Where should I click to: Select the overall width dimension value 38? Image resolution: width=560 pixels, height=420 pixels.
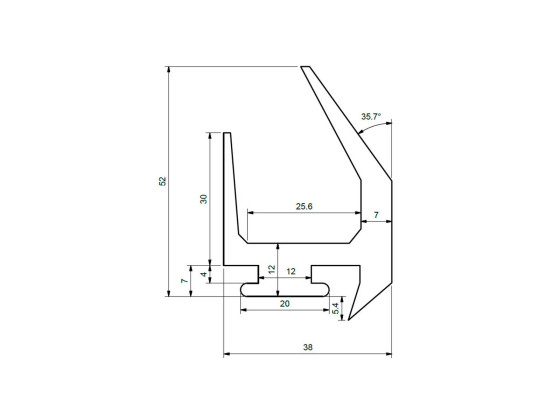[307, 348]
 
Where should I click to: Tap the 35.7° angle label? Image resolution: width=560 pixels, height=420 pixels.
[370, 117]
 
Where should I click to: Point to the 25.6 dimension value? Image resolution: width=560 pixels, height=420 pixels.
[305, 206]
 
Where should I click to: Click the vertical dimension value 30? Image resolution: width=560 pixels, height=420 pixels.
[203, 199]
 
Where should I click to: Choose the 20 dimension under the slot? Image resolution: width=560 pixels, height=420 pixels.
[285, 303]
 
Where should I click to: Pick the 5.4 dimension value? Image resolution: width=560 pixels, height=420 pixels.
[336, 309]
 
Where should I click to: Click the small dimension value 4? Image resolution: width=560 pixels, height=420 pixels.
[203, 273]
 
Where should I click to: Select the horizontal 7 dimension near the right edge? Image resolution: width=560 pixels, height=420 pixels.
[375, 216]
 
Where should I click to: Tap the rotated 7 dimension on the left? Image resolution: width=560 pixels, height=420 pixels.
[183, 281]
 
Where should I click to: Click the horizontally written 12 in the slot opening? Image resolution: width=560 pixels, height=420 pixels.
[291, 271]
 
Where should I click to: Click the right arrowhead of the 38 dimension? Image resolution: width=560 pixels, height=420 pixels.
[387, 355]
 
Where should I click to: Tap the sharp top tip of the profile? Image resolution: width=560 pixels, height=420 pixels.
[302, 66]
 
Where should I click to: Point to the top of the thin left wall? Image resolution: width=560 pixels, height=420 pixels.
[227, 133]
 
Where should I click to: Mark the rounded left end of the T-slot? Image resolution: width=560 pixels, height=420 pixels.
[243, 288]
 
